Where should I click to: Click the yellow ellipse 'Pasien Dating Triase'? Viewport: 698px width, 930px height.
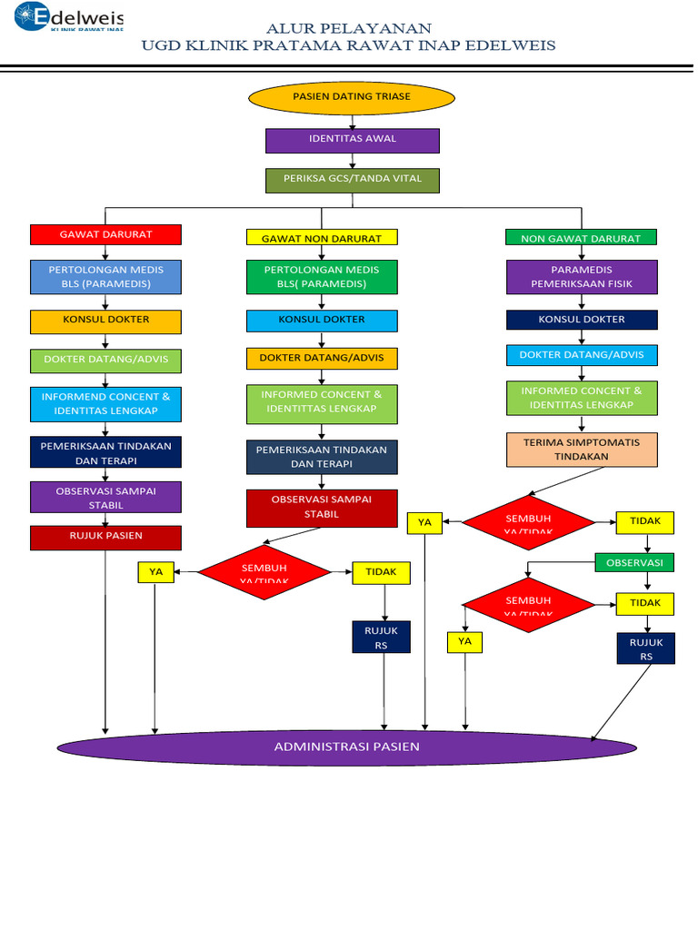click(351, 97)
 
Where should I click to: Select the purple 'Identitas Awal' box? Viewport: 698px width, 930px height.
click(352, 140)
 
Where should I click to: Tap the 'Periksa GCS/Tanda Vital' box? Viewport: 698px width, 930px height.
click(352, 180)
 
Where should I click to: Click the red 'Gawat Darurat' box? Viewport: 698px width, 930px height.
click(105, 234)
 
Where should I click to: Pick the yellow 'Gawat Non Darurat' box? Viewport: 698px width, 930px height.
click(322, 238)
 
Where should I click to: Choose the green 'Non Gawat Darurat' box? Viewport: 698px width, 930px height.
click(581, 238)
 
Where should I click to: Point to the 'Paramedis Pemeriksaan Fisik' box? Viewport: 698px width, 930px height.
click(582, 277)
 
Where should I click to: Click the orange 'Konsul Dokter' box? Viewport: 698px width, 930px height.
click(105, 321)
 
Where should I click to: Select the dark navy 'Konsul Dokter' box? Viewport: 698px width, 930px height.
click(582, 320)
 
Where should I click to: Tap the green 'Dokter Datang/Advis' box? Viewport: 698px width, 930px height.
click(105, 361)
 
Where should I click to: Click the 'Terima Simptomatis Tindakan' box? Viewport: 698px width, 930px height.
click(582, 450)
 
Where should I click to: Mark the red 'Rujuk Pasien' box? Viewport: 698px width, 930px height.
click(105, 537)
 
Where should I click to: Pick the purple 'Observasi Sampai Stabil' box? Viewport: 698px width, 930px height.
click(105, 498)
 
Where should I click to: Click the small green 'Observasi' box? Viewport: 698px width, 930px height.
click(634, 563)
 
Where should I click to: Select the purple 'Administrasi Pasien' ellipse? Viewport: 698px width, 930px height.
click(347, 747)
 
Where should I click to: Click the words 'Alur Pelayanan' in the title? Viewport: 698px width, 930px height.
click(348, 28)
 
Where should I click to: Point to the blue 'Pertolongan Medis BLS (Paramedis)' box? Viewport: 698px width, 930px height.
click(105, 277)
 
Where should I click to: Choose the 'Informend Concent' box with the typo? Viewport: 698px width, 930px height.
click(105, 404)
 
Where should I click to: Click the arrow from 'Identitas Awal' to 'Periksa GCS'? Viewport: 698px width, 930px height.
click(352, 161)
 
